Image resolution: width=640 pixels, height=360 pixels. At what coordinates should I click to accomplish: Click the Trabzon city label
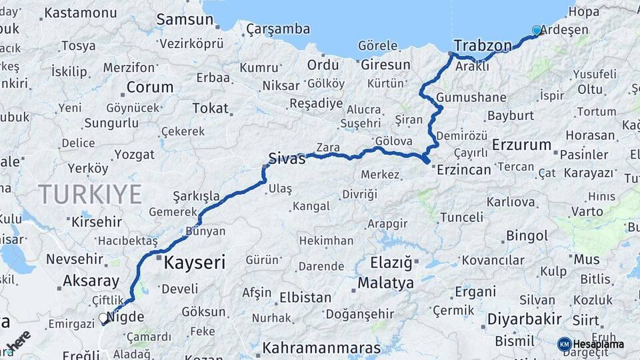(x=483, y=45)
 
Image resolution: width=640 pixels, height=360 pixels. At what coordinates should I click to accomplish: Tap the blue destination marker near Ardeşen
(x=537, y=30)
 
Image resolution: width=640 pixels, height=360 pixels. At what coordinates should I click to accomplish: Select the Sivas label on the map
(x=287, y=158)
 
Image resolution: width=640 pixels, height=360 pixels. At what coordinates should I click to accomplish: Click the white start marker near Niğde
(x=104, y=319)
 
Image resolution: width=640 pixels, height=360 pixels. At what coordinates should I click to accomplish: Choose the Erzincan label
(x=464, y=169)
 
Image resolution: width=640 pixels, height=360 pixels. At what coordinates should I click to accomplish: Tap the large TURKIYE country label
(x=90, y=194)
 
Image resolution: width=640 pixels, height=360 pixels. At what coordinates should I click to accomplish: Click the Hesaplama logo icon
(x=565, y=344)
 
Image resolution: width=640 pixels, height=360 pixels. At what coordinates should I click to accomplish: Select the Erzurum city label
(x=522, y=145)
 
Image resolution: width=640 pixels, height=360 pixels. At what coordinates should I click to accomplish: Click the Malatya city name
(x=385, y=283)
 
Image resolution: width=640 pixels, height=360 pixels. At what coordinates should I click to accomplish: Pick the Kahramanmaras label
(x=321, y=348)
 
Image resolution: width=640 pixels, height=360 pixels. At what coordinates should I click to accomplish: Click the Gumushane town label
(x=472, y=97)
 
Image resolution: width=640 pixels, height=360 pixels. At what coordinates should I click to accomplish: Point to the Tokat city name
(x=210, y=107)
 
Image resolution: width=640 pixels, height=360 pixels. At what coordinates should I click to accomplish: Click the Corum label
(x=149, y=87)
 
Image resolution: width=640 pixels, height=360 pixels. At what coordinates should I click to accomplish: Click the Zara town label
(x=328, y=147)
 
